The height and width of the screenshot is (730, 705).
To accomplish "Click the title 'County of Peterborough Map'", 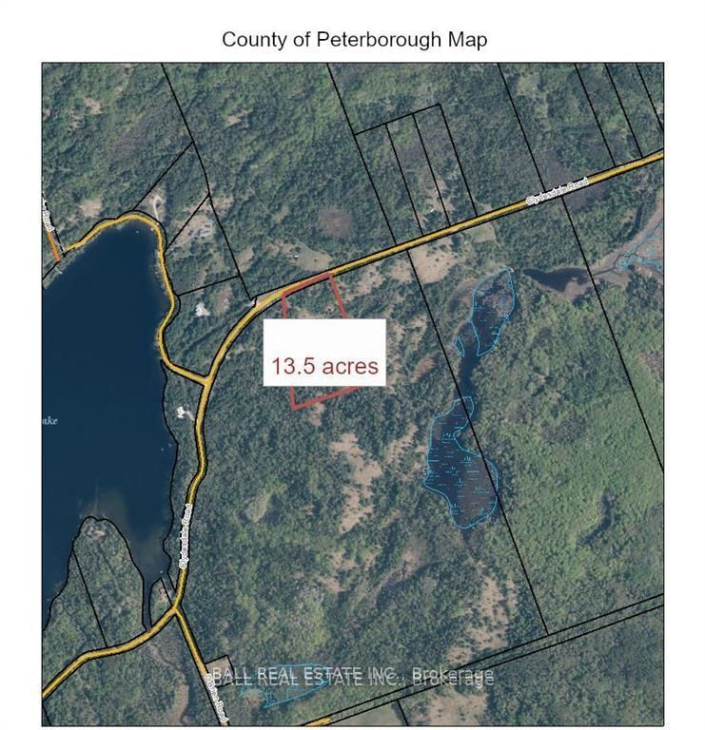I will pyautogui.click(x=354, y=40).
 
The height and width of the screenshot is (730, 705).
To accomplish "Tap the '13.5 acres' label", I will pyautogui.click(x=324, y=366).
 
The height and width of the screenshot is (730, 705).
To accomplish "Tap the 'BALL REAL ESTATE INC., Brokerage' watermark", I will pyautogui.click(x=352, y=677).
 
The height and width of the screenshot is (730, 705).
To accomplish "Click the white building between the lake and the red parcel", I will pyautogui.click(x=202, y=309).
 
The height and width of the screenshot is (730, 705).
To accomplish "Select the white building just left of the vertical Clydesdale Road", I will pyautogui.click(x=182, y=413).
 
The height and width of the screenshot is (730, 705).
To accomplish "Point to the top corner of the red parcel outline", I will pyautogui.click(x=330, y=274).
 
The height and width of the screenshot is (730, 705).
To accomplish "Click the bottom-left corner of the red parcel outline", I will pyautogui.click(x=293, y=407).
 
